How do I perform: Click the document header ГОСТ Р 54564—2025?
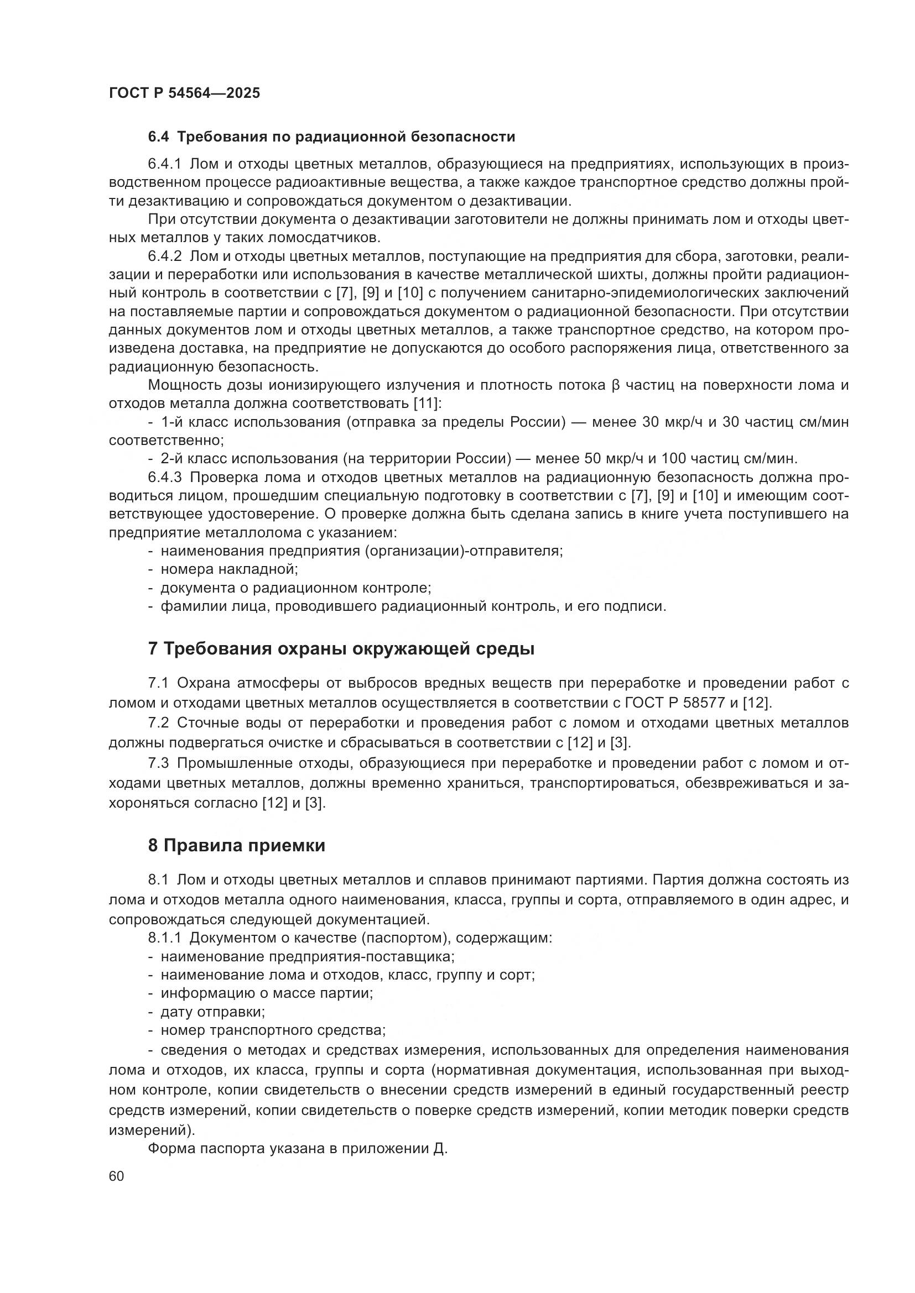184,93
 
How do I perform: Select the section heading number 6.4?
159,137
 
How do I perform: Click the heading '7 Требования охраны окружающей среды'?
341,649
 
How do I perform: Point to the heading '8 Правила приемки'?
237,845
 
